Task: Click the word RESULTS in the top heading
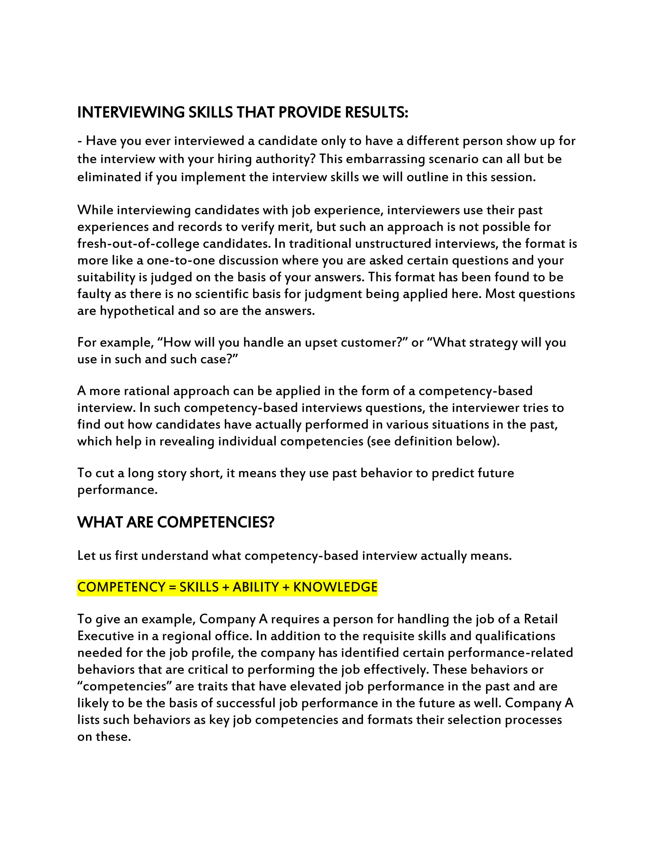coord(376,112)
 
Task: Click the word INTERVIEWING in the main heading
coord(131,112)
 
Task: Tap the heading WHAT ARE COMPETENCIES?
coord(176,522)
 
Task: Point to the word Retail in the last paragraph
coord(541,619)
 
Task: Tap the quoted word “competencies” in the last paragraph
coord(124,686)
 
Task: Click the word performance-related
coord(510,653)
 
